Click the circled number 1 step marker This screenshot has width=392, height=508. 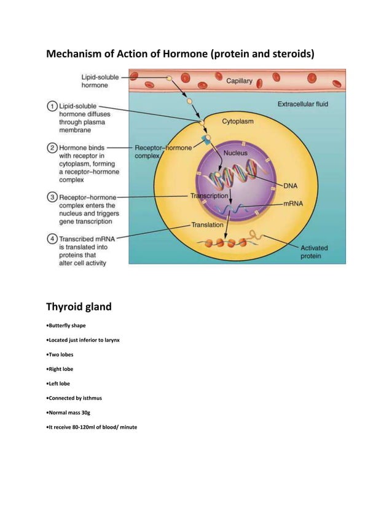pyautogui.click(x=53, y=106)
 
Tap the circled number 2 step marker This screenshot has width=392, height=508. pyautogui.click(x=53, y=148)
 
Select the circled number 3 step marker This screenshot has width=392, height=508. pyautogui.click(x=53, y=197)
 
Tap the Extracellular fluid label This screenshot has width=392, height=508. pyautogui.click(x=302, y=105)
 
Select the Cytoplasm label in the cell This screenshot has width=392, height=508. pyautogui.click(x=237, y=121)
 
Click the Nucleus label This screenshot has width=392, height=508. pyautogui.click(x=236, y=152)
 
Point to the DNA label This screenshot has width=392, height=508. pyautogui.click(x=291, y=185)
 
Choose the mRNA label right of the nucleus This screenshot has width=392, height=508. pyautogui.click(x=294, y=202)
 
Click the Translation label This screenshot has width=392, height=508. pyautogui.click(x=207, y=225)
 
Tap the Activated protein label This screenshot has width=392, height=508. pyautogui.click(x=313, y=252)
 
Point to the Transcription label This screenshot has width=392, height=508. pyautogui.click(x=210, y=196)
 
